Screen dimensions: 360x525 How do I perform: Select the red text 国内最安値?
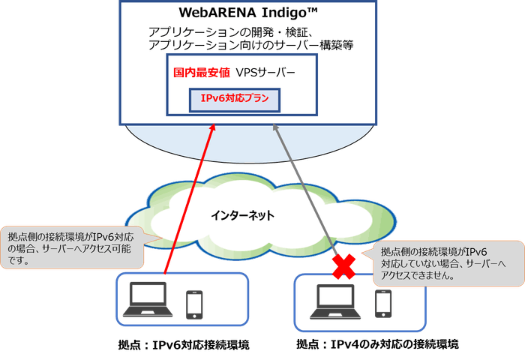coord(201,73)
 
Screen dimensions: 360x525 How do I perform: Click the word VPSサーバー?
coord(266,73)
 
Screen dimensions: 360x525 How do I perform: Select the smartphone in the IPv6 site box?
coord(195,303)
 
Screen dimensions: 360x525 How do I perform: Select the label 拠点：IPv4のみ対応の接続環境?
coord(376,344)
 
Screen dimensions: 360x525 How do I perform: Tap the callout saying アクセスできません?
coord(448,263)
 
